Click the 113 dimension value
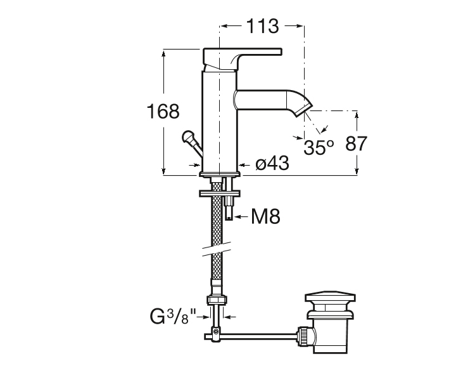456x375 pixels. pyautogui.click(x=263, y=26)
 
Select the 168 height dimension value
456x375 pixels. pyautogui.click(x=163, y=111)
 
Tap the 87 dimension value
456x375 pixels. pyautogui.click(x=356, y=143)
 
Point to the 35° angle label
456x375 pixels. pyautogui.click(x=319, y=147)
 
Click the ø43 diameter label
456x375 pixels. pyautogui.click(x=272, y=163)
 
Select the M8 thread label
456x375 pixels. pyautogui.click(x=265, y=216)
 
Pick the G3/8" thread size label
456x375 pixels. pyautogui.click(x=173, y=317)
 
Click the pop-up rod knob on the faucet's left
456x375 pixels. pyautogui.click(x=187, y=136)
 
